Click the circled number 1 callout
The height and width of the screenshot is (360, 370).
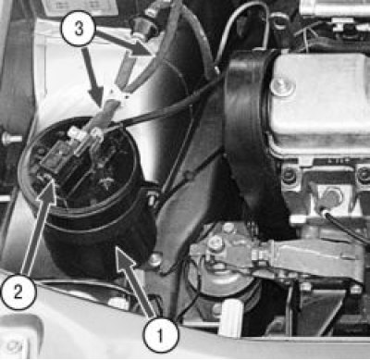click(x=160, y=335)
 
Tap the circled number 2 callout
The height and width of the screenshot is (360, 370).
click(x=18, y=292)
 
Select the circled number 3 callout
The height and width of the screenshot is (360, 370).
click(x=79, y=30)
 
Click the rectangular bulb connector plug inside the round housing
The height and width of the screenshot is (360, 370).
click(x=57, y=158)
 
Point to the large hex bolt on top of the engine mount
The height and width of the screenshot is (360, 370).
click(x=216, y=242)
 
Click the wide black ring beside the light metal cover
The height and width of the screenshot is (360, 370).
click(x=247, y=123)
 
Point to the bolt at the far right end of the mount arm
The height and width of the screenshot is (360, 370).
click(x=356, y=289)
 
